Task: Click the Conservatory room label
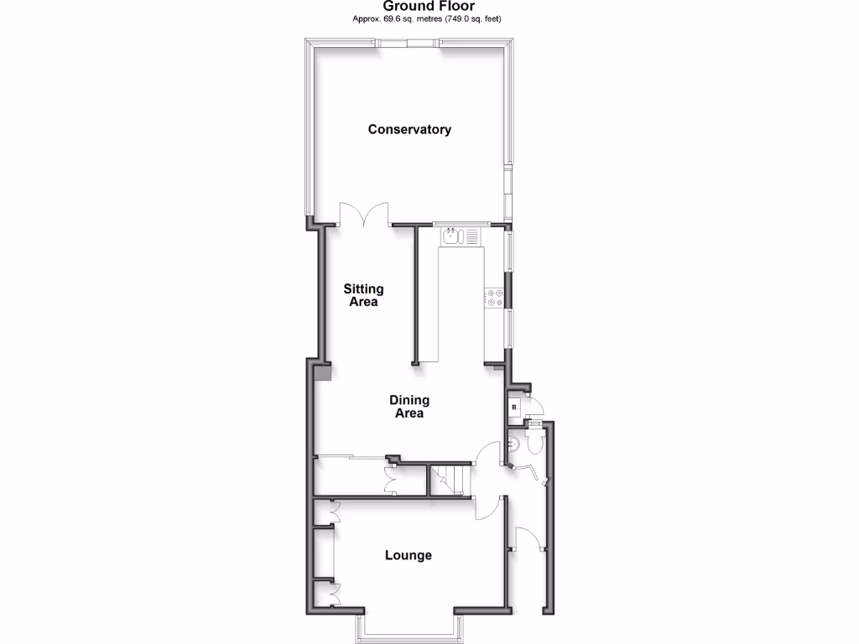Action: click(x=409, y=129)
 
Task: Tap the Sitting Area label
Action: click(x=363, y=295)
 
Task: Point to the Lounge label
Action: click(x=409, y=555)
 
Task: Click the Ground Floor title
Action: click(x=429, y=6)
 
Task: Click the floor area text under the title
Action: click(x=429, y=18)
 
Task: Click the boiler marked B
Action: click(x=514, y=408)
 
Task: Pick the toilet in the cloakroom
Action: click(x=533, y=441)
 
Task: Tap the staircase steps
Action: click(x=450, y=480)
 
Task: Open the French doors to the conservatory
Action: click(x=363, y=214)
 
